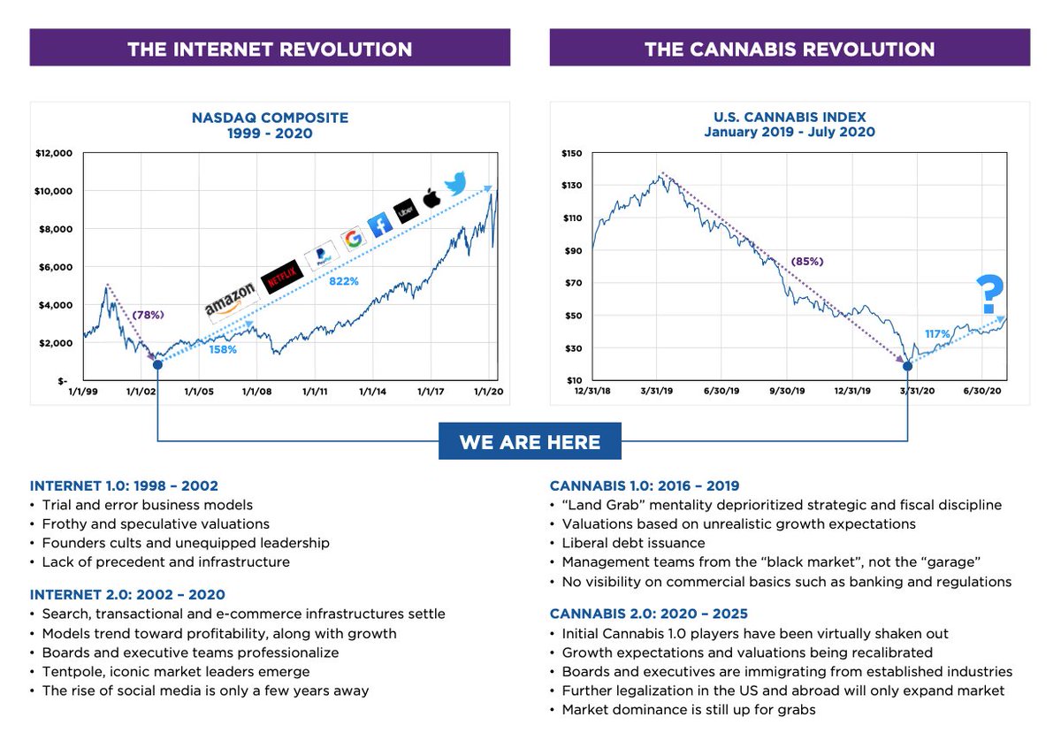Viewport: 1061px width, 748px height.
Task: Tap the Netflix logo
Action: point(281,277)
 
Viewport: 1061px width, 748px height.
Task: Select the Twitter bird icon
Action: point(456,183)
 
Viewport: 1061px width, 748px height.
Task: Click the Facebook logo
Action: point(379,225)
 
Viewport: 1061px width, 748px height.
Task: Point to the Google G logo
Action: point(352,239)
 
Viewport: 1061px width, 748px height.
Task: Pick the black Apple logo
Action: point(431,198)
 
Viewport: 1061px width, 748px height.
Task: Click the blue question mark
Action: point(989,294)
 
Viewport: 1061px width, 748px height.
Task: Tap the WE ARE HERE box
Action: point(530,441)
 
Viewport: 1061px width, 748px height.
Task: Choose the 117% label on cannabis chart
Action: point(937,334)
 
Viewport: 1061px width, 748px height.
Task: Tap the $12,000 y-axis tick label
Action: point(52,153)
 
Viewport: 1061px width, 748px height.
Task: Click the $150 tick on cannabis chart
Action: point(571,153)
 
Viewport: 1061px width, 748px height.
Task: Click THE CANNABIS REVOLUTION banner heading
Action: point(790,49)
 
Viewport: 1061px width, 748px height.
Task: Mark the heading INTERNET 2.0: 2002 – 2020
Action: point(127,594)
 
